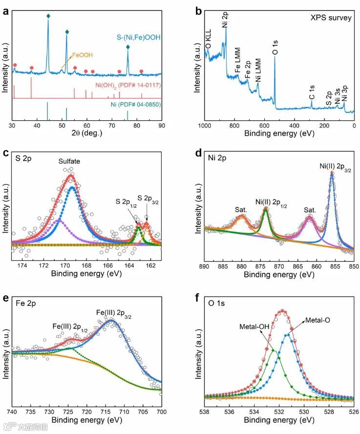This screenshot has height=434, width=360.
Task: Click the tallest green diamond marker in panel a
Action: (48, 16)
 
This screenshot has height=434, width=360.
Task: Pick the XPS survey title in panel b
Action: (331, 18)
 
